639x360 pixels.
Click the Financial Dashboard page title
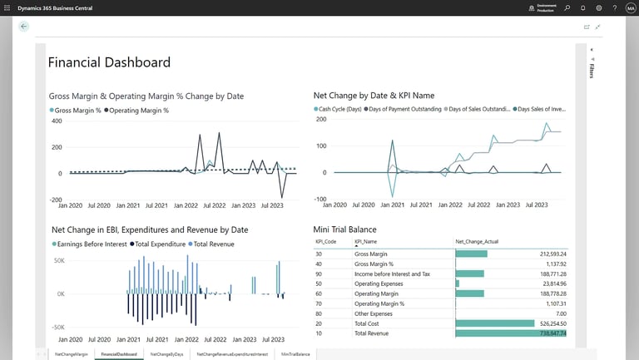(109, 62)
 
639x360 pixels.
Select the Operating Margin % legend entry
(141, 110)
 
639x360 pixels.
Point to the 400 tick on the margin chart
(57, 121)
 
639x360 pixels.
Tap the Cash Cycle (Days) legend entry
(338, 109)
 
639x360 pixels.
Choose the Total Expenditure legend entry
(162, 244)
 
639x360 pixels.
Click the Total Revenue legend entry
(212, 244)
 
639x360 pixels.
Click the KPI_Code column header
(325, 242)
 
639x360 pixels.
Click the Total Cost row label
(369, 323)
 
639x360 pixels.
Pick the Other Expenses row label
(374, 313)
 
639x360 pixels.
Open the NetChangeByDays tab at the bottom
(166, 354)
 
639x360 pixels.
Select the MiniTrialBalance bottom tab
(295, 354)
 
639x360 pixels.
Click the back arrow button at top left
(23, 27)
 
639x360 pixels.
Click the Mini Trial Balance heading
(344, 229)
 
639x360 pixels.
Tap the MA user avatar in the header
(630, 7)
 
